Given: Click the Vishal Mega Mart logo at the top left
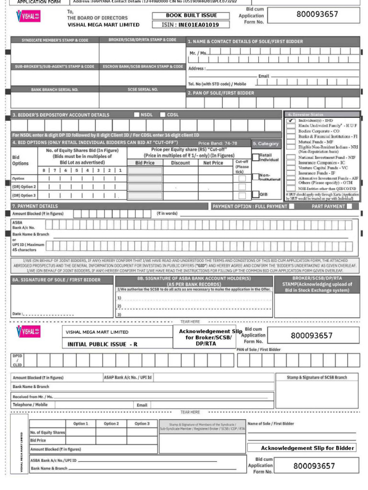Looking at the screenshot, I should [x=28, y=17].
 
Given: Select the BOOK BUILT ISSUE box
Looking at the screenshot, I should [x=191, y=15].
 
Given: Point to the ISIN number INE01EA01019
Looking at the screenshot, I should [x=191, y=25].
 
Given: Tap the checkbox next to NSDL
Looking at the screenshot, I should [x=137, y=115].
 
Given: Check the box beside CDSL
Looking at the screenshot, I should [x=163, y=115].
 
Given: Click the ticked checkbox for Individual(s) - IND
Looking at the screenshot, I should [x=291, y=121].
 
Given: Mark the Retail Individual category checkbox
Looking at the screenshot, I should [x=255, y=156].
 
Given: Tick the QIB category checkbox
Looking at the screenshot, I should [x=255, y=194].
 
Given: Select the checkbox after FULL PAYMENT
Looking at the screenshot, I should [x=291, y=206].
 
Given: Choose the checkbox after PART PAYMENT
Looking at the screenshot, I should [x=349, y=206].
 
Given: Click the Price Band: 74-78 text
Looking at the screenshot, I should [x=218, y=143].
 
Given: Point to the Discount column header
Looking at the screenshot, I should [x=180, y=163].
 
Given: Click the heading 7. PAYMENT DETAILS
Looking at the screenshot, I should [x=34, y=206].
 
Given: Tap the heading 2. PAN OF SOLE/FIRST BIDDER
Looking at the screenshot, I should [x=221, y=93].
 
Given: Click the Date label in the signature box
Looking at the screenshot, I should [x=17, y=314].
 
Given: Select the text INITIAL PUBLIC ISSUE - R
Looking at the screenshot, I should [x=103, y=344].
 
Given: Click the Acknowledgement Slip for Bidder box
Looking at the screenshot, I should [x=301, y=448].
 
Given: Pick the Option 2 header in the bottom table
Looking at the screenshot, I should [x=111, y=423].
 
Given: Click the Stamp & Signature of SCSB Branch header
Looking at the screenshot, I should [x=317, y=378].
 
